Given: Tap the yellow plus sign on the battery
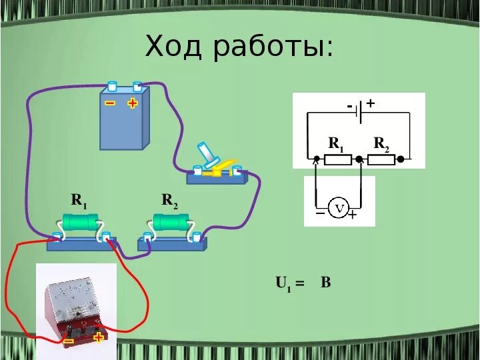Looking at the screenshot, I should point(132,103).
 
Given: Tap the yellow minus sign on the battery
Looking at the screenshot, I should point(110,103).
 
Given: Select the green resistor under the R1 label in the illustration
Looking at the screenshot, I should point(80,221).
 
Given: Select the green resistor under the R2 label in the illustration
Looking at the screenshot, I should point(170,221).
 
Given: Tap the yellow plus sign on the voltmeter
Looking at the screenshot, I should point(99,337).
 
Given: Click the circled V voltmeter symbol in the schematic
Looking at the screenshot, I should point(339,209).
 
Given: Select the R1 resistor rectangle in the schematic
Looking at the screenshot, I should point(337,159).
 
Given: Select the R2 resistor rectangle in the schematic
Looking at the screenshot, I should point(381,159).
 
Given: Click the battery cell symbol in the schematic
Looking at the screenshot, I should point(359,112).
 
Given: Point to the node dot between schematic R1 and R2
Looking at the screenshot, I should point(359,159).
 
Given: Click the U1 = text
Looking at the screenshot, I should point(290,283).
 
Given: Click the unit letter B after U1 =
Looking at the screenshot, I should point(326,283).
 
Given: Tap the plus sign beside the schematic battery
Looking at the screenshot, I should point(371,103).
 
